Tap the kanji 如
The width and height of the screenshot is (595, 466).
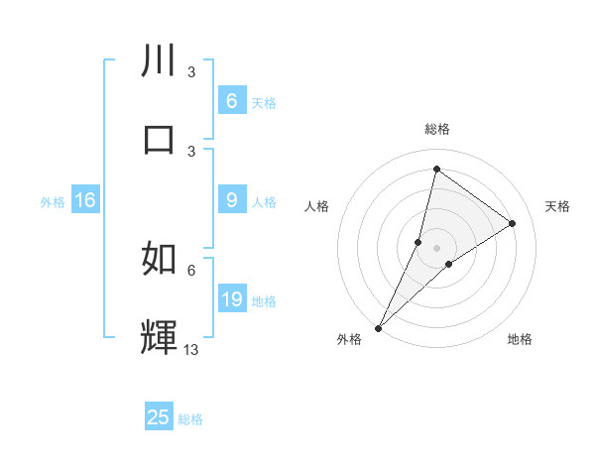[160, 258]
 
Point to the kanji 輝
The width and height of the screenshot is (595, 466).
[160, 336]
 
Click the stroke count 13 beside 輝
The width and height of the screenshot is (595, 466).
[191, 349]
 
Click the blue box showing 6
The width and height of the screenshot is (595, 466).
[231, 101]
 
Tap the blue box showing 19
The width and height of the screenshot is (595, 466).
[231, 299]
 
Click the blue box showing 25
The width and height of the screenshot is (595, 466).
[159, 417]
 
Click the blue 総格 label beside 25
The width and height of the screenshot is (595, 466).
[190, 419]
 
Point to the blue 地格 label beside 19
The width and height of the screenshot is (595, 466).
[264, 301]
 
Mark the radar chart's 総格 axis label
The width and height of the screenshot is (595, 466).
[437, 129]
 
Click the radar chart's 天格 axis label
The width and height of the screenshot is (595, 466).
[557, 206]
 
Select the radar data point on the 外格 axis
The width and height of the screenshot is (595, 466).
[378, 328]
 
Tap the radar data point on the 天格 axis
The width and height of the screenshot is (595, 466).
[513, 224]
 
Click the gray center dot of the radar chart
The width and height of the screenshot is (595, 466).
[437, 248]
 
